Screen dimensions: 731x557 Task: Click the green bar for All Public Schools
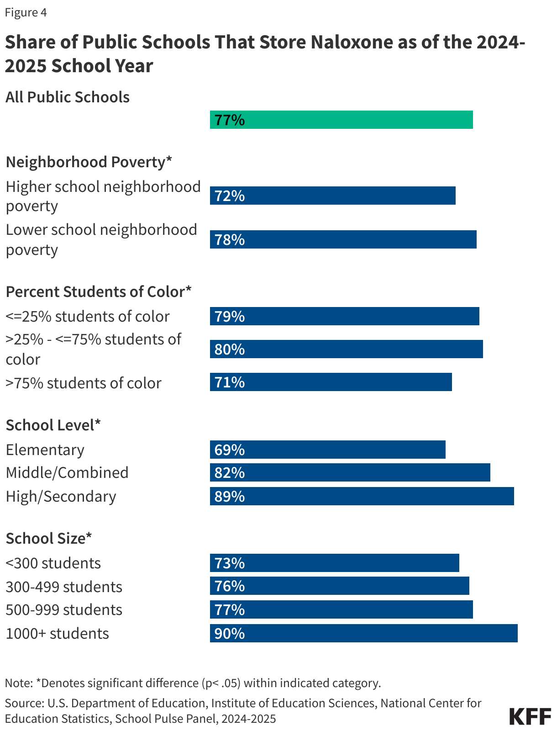[341, 120]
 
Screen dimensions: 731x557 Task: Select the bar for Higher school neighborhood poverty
[332, 196]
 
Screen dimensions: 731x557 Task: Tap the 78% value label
[230, 239]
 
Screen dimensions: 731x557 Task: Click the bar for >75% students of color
[331, 382]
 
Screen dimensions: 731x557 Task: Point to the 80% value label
[230, 350]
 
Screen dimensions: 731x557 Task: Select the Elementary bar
[327, 450]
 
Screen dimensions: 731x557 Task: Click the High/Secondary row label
[61, 496]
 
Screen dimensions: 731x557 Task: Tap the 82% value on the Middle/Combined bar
[230, 472]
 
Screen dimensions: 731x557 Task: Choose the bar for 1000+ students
[363, 633]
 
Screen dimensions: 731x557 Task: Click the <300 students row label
[53, 563]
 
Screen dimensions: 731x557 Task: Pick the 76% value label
[230, 586]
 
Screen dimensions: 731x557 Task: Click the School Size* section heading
[49, 538]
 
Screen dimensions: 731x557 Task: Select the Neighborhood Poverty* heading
[89, 162]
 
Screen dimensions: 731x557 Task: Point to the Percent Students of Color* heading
[98, 291]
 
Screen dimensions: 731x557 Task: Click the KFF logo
[530, 716]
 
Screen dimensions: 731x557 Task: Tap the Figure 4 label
[26, 12]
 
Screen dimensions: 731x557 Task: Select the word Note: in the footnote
[18, 683]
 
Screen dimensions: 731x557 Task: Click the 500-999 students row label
[64, 610]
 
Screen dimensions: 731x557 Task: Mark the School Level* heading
[53, 425]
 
